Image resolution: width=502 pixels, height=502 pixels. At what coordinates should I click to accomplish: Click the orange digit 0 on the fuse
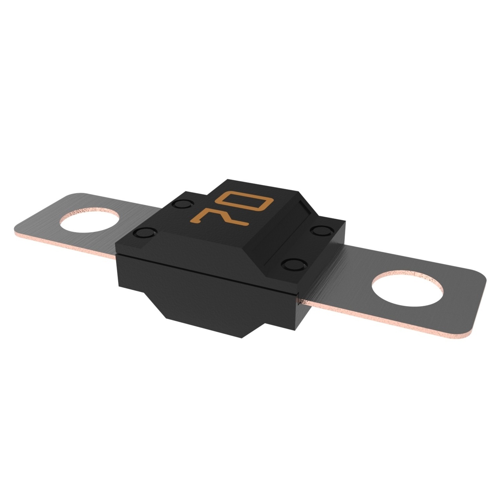[x=245, y=205]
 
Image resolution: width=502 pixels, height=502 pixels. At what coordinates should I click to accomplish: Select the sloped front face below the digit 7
[x=196, y=251]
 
